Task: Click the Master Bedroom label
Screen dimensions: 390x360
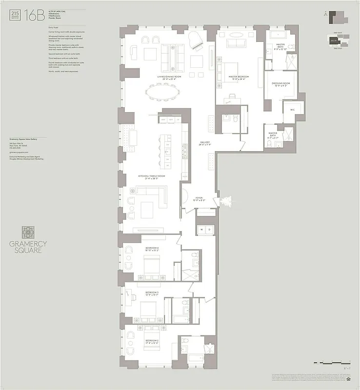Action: pyautogui.click(x=240, y=77)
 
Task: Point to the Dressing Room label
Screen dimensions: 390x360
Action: pyautogui.click(x=280, y=84)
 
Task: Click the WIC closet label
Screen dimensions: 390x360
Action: pyautogui.click(x=292, y=110)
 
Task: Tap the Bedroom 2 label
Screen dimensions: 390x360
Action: pyautogui.click(x=152, y=341)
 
